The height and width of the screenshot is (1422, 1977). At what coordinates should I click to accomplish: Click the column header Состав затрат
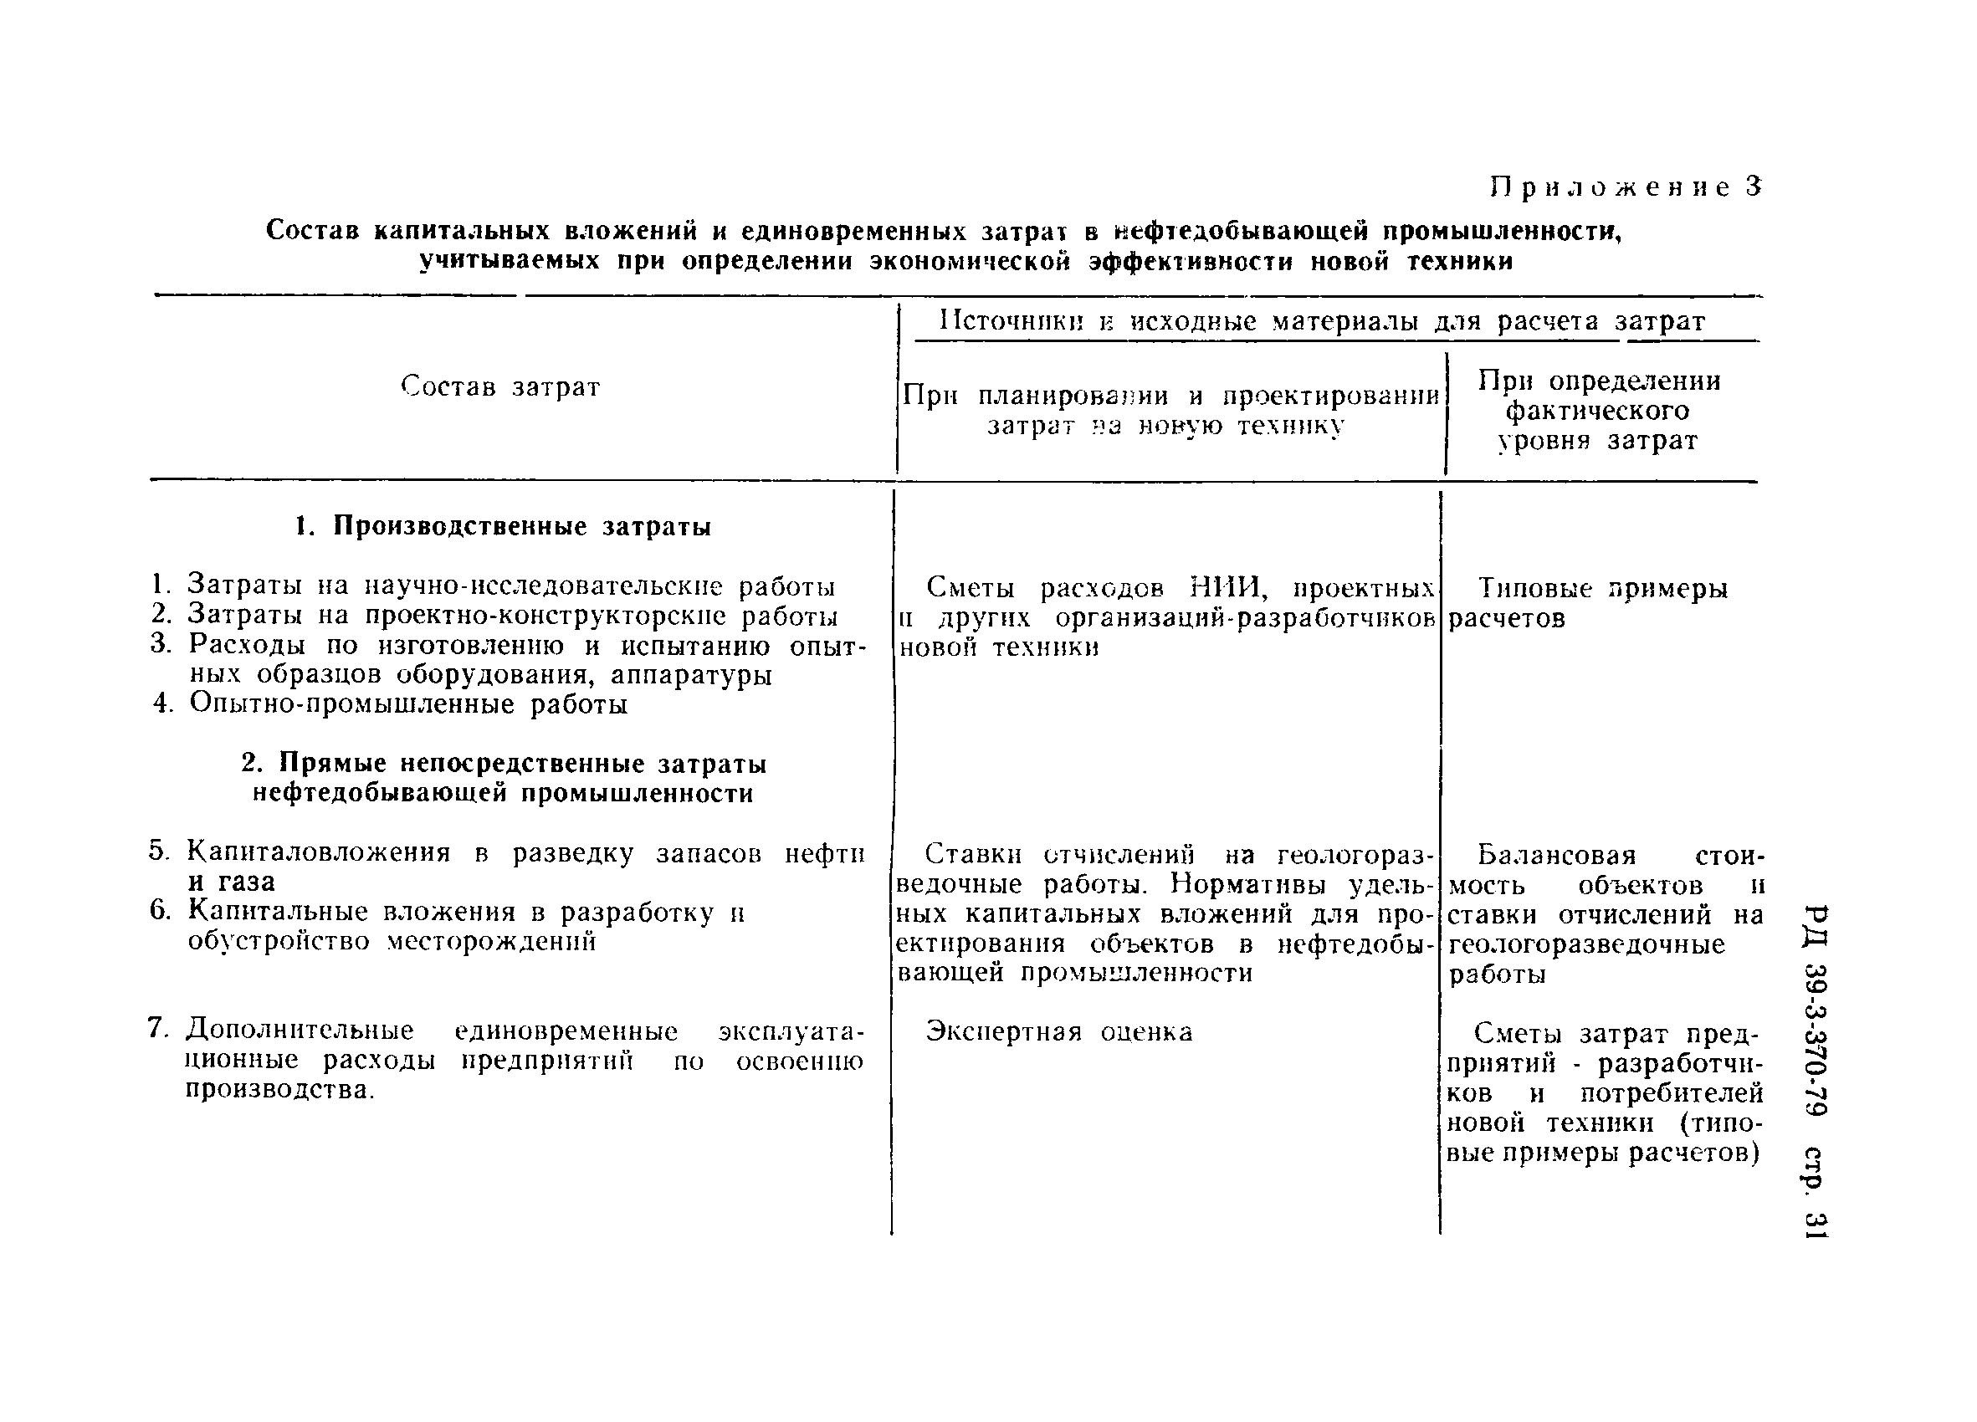tap(500, 386)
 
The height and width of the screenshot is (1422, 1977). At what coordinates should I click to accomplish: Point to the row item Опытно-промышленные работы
tap(408, 704)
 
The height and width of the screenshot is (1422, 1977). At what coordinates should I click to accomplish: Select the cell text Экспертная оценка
tap(1058, 1032)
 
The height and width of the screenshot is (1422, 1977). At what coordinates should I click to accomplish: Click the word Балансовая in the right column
tap(1544, 855)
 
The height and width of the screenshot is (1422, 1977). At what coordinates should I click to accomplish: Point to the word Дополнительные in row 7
tap(300, 1031)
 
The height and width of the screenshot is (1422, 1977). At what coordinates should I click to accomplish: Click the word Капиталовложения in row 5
tap(319, 853)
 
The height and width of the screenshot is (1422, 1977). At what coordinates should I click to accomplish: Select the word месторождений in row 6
tap(492, 942)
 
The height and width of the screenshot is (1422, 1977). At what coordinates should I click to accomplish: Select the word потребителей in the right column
tap(1671, 1092)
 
